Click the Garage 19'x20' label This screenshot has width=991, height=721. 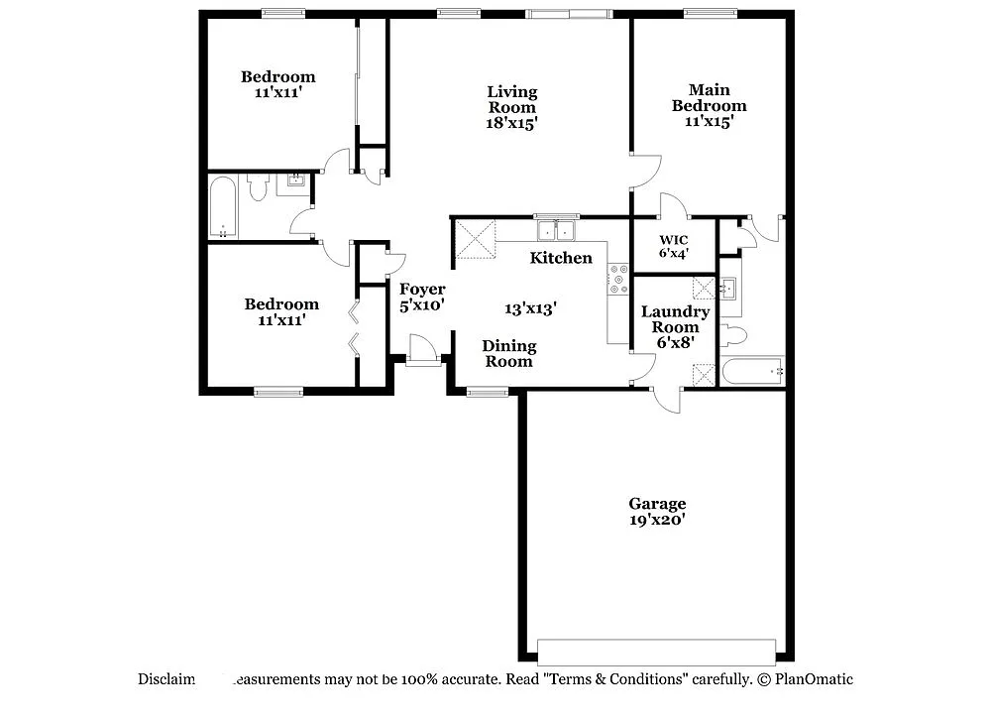[657, 512]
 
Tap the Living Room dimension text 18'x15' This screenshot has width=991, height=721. [511, 124]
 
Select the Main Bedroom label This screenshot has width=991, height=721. [709, 98]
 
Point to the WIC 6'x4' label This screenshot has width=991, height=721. [673, 246]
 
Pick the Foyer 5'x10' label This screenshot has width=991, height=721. [422, 298]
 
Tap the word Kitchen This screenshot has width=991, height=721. [561, 258]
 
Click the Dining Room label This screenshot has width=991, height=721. [508, 353]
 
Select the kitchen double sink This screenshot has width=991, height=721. [557, 230]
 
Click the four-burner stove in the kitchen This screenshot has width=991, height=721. [618, 280]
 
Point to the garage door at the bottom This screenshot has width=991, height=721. [656, 652]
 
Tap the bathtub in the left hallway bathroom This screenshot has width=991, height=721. [222, 207]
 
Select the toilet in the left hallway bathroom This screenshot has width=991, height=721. [259, 187]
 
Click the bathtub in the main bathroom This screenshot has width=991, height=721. [752, 372]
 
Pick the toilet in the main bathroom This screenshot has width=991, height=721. [732, 334]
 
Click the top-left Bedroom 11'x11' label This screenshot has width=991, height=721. [278, 84]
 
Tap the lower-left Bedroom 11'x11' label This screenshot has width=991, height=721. [281, 312]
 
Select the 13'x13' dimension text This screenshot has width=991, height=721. [530, 308]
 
